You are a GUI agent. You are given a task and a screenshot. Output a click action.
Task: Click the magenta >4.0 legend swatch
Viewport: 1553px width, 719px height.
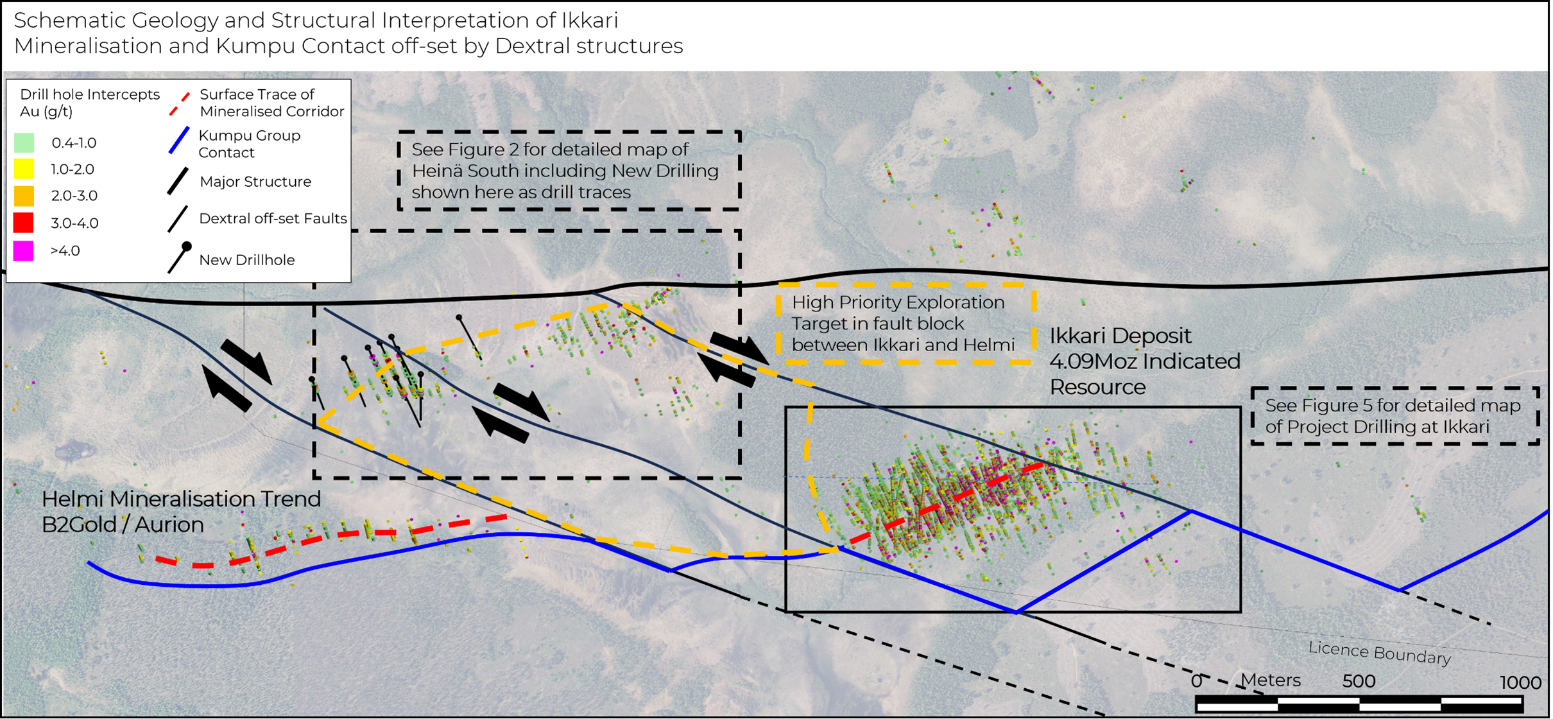pyautogui.click(x=24, y=250)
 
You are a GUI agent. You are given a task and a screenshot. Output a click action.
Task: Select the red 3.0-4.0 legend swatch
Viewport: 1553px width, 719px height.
pyautogui.click(x=24, y=223)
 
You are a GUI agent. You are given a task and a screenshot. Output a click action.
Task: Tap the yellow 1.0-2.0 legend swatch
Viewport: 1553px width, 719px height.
pyautogui.click(x=24, y=169)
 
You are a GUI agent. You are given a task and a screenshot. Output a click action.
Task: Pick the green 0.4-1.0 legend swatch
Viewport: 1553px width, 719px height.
pyautogui.click(x=24, y=142)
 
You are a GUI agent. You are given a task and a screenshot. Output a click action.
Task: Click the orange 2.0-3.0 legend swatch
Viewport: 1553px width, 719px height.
pyautogui.click(x=24, y=195)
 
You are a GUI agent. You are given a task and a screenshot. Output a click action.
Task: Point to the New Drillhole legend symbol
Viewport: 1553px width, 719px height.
pyautogui.click(x=179, y=258)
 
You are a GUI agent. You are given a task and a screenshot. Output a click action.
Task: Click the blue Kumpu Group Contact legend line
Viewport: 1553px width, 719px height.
pyautogui.click(x=179, y=141)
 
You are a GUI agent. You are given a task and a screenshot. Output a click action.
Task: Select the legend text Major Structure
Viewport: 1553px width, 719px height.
pyautogui.click(x=255, y=182)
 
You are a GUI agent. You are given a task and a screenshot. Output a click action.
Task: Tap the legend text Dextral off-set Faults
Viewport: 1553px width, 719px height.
pyautogui.click(x=273, y=218)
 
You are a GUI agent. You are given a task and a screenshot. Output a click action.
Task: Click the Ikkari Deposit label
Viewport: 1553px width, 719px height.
pyautogui.click(x=1120, y=336)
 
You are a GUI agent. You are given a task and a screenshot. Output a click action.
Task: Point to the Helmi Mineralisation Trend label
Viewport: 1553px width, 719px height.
pyautogui.click(x=181, y=499)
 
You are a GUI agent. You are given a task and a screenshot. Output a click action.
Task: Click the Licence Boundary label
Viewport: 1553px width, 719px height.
pyautogui.click(x=1380, y=653)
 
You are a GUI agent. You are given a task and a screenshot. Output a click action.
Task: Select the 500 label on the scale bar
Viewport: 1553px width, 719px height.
pyautogui.click(x=1359, y=681)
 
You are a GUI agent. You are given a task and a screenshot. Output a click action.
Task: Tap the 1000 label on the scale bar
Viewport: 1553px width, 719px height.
pyautogui.click(x=1520, y=682)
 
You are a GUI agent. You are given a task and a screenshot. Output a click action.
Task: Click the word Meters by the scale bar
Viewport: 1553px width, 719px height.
pyautogui.click(x=1270, y=680)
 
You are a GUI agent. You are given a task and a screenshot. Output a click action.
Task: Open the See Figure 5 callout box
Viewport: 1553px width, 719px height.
pyautogui.click(x=1395, y=416)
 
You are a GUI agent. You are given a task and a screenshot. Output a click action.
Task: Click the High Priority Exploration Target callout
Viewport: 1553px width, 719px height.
pyautogui.click(x=905, y=324)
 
